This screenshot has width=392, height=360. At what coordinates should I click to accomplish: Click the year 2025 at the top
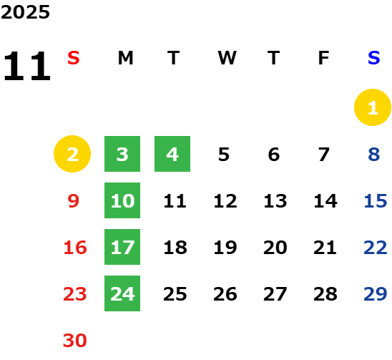point(25,12)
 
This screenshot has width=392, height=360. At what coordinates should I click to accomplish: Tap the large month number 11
point(27,66)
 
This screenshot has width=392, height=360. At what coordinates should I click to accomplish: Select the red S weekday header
point(74,58)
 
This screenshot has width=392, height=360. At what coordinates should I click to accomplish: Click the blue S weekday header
point(374,58)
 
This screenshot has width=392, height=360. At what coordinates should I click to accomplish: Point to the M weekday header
point(125,58)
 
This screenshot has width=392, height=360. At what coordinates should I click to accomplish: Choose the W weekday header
point(227,58)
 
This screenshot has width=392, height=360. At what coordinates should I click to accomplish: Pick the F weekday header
point(324,58)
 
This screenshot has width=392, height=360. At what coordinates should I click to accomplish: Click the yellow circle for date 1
point(373,107)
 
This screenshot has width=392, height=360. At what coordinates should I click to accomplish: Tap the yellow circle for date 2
point(72,154)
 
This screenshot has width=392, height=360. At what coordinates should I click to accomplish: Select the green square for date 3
point(122,154)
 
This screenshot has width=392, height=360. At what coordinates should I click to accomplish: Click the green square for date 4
point(172,154)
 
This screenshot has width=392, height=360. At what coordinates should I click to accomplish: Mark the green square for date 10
point(122,200)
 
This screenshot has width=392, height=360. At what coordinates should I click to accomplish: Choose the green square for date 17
point(122,247)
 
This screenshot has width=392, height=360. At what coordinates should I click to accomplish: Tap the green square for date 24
point(122,293)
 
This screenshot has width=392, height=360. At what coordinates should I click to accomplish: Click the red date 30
point(74,340)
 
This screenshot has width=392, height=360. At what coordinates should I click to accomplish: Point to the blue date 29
point(376,293)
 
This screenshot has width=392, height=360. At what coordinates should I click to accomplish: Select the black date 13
point(275,200)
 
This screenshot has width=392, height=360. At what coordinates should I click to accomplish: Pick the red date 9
point(73,200)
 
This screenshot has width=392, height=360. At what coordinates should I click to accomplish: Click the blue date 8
point(373,154)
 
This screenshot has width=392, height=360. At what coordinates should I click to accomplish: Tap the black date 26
point(225,293)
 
